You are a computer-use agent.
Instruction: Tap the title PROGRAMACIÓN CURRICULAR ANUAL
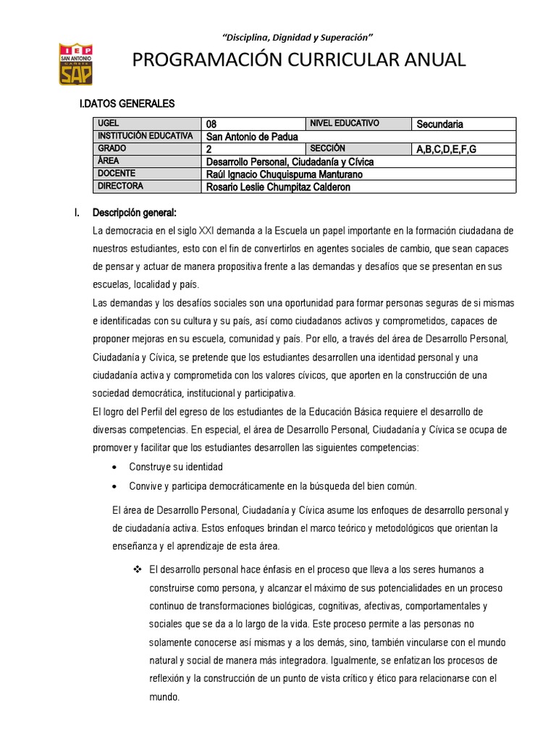point(298,61)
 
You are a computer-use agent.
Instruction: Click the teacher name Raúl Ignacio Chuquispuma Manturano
point(285,174)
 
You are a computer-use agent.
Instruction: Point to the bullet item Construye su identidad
point(176,467)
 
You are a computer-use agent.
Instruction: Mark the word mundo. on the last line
point(164,697)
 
